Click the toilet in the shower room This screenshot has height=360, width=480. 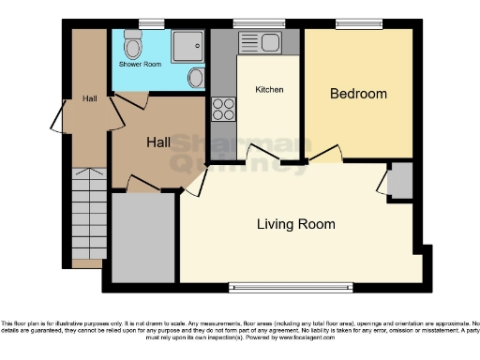[132, 44]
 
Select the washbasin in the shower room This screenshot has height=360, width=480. [195, 79]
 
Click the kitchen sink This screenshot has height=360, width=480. [260, 42]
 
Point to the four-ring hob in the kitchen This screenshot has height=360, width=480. [223, 110]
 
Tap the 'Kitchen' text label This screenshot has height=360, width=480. [269, 90]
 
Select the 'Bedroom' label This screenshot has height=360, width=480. [357, 94]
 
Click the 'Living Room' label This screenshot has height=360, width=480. [296, 224]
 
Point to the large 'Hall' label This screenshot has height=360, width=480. [157, 142]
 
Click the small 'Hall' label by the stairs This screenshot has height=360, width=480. [89, 98]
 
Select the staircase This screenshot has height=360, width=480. [87, 216]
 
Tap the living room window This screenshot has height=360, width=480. [291, 285]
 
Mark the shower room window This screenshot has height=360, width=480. [151, 23]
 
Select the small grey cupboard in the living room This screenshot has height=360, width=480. [401, 180]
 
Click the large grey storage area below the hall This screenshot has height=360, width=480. [143, 237]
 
